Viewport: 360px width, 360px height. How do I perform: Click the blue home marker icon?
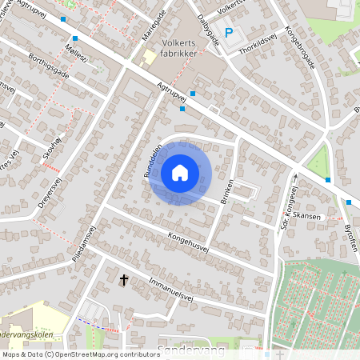[x=180, y=172]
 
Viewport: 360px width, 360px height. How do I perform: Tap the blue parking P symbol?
[x=229, y=33]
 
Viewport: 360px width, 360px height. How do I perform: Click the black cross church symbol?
[x=124, y=279]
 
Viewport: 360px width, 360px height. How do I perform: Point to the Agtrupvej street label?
[x=173, y=96]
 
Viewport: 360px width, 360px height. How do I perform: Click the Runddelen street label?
[x=153, y=160]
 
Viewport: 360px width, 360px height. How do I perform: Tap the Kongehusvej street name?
[x=188, y=242]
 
